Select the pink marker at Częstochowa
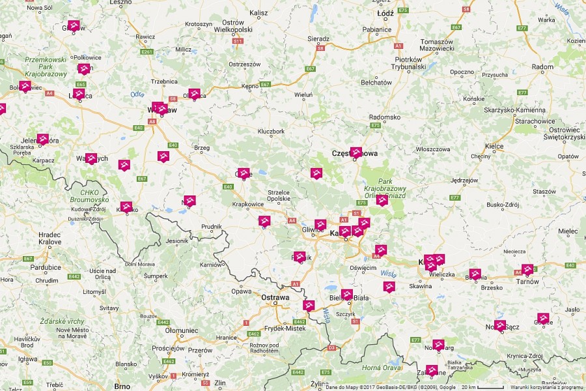(x=356, y=152)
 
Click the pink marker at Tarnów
(x=527, y=268)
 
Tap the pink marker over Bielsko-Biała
(x=347, y=294)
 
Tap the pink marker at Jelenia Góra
(x=43, y=138)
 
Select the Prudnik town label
(x=212, y=227)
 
